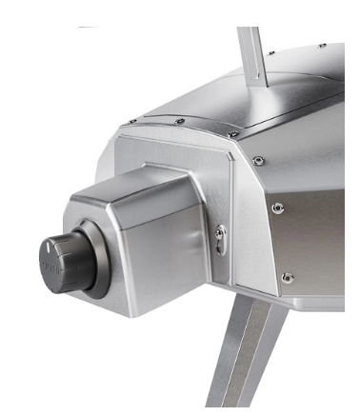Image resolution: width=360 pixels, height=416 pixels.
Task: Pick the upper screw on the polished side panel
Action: click(x=277, y=208)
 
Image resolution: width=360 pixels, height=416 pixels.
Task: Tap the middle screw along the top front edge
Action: click(x=180, y=121)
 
